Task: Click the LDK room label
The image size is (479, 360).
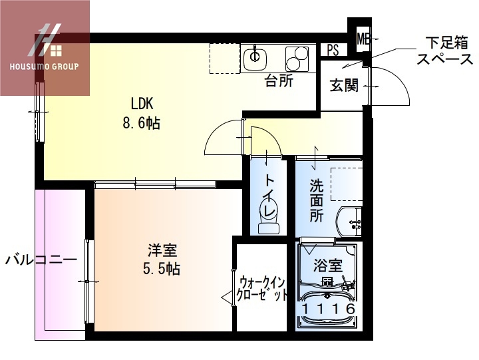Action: [142, 103]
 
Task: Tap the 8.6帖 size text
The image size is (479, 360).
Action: [142, 123]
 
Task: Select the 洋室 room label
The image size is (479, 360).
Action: [162, 251]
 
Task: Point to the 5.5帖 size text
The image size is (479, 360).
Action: [162, 269]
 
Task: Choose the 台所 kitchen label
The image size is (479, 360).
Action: [279, 82]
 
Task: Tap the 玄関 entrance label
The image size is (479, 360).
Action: [343, 85]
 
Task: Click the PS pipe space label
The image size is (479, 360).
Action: [333, 50]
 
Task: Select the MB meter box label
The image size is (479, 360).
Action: [363, 39]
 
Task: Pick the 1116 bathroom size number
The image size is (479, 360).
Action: [327, 310]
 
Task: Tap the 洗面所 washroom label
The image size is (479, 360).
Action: [317, 200]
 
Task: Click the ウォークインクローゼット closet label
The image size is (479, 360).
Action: [263, 287]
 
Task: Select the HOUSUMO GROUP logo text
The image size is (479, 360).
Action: [45, 67]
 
